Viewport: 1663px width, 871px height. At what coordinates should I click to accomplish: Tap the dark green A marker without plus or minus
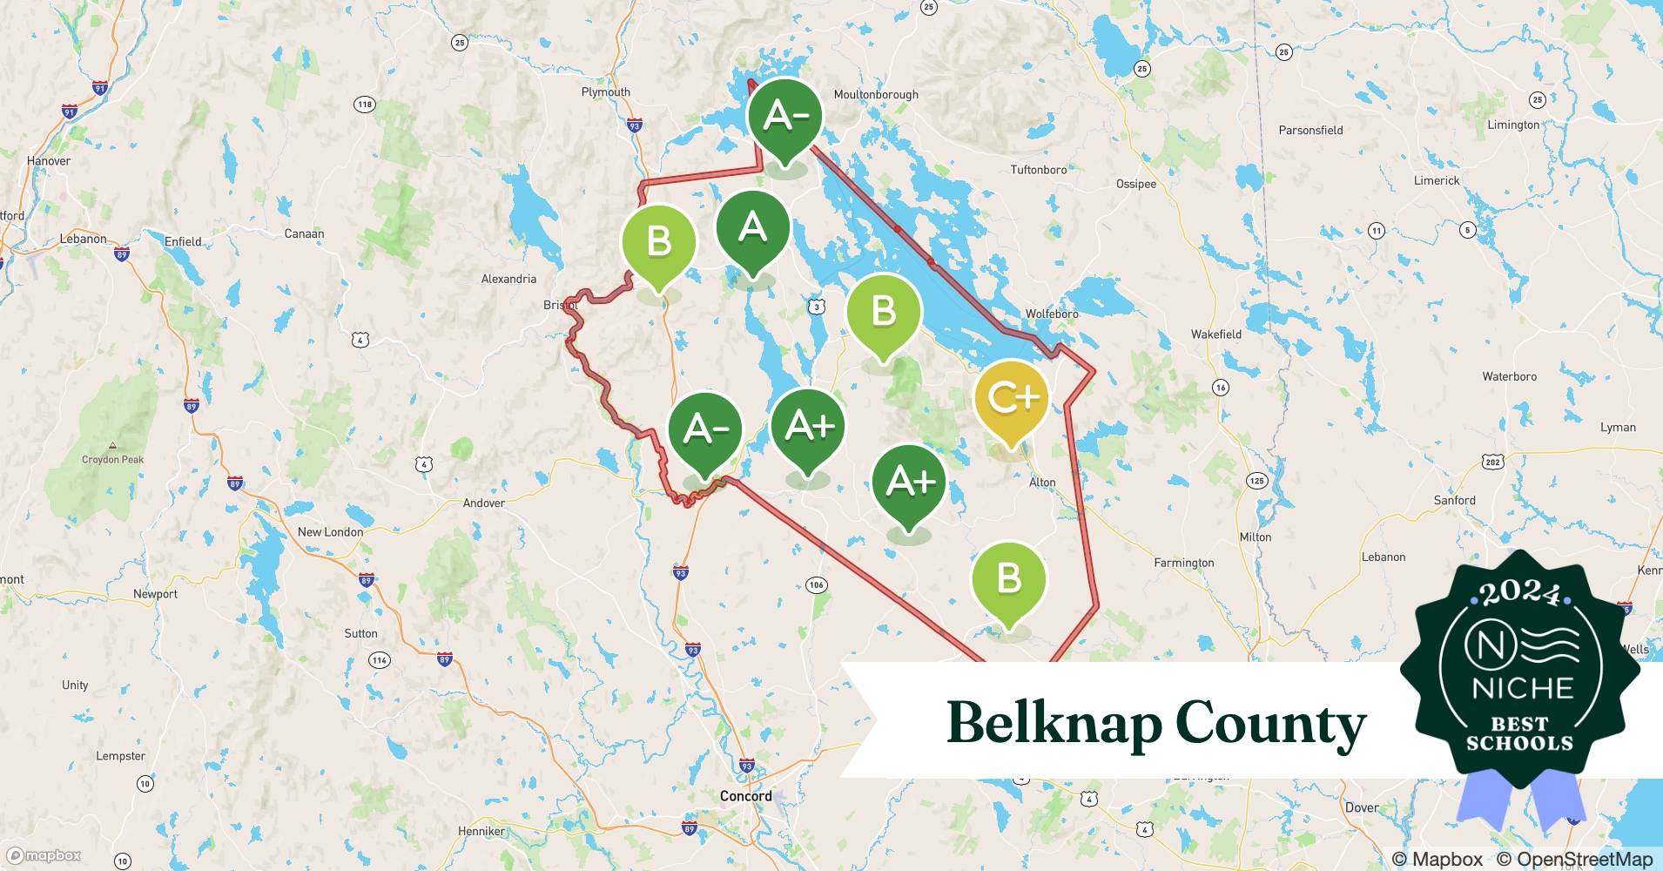coord(752,229)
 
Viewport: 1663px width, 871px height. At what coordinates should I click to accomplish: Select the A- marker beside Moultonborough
coord(784,116)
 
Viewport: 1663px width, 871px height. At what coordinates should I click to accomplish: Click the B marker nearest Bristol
coord(659,242)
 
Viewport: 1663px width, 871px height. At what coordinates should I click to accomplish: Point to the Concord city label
coord(745,796)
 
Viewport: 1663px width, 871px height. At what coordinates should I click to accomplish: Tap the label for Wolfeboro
coord(1051,314)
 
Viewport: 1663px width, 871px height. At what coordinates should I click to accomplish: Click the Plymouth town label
coord(605,92)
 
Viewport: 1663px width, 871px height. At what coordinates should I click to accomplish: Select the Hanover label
coord(49,161)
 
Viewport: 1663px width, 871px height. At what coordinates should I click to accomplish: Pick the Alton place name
coord(1042,483)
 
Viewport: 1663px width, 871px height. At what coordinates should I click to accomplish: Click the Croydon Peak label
coord(112,460)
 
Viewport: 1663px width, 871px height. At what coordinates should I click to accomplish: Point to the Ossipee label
coord(1136,184)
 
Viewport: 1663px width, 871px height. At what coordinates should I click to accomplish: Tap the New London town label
coord(330,532)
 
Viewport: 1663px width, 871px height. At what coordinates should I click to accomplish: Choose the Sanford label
coord(1454,501)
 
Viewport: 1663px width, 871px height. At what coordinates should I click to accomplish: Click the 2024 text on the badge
coord(1519,593)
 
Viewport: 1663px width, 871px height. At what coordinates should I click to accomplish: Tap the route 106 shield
coord(816,584)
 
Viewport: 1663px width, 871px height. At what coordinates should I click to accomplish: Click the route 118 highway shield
coord(364,105)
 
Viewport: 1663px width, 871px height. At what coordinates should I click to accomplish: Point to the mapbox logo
coord(44,856)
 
